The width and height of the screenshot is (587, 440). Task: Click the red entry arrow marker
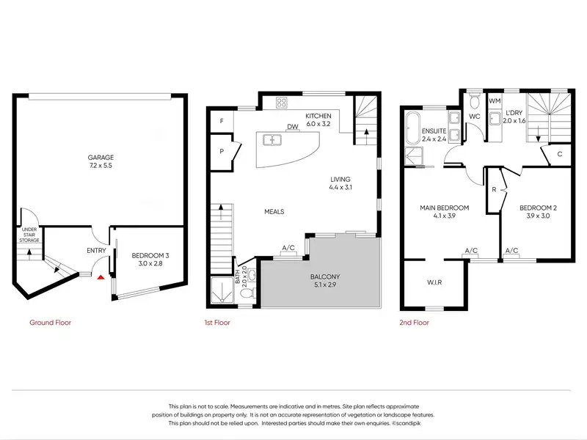click(x=101, y=277)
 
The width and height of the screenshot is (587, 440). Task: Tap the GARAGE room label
click(x=101, y=158)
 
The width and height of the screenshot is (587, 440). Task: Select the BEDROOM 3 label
click(x=150, y=255)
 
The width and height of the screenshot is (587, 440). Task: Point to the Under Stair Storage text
click(x=29, y=235)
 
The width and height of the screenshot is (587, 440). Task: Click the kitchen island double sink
click(x=273, y=140)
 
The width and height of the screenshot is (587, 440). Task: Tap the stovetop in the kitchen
click(x=282, y=103)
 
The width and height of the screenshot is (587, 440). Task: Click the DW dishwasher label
click(x=293, y=127)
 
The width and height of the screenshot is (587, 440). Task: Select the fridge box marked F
click(x=222, y=121)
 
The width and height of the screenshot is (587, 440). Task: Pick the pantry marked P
click(x=222, y=152)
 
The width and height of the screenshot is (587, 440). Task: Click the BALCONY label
click(x=325, y=277)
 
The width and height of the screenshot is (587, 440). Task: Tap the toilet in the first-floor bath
click(x=247, y=293)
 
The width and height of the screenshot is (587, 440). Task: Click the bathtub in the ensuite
click(x=413, y=128)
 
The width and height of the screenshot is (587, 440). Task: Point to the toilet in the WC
click(x=475, y=100)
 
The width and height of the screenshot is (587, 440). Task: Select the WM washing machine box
click(x=495, y=101)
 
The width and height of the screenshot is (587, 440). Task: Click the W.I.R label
click(x=434, y=282)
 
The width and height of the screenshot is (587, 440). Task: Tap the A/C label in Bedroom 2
click(x=511, y=250)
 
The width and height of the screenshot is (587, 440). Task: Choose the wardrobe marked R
click(x=495, y=190)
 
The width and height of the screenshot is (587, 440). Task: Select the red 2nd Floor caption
click(x=414, y=323)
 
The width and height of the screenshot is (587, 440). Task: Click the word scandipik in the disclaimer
click(x=408, y=424)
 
